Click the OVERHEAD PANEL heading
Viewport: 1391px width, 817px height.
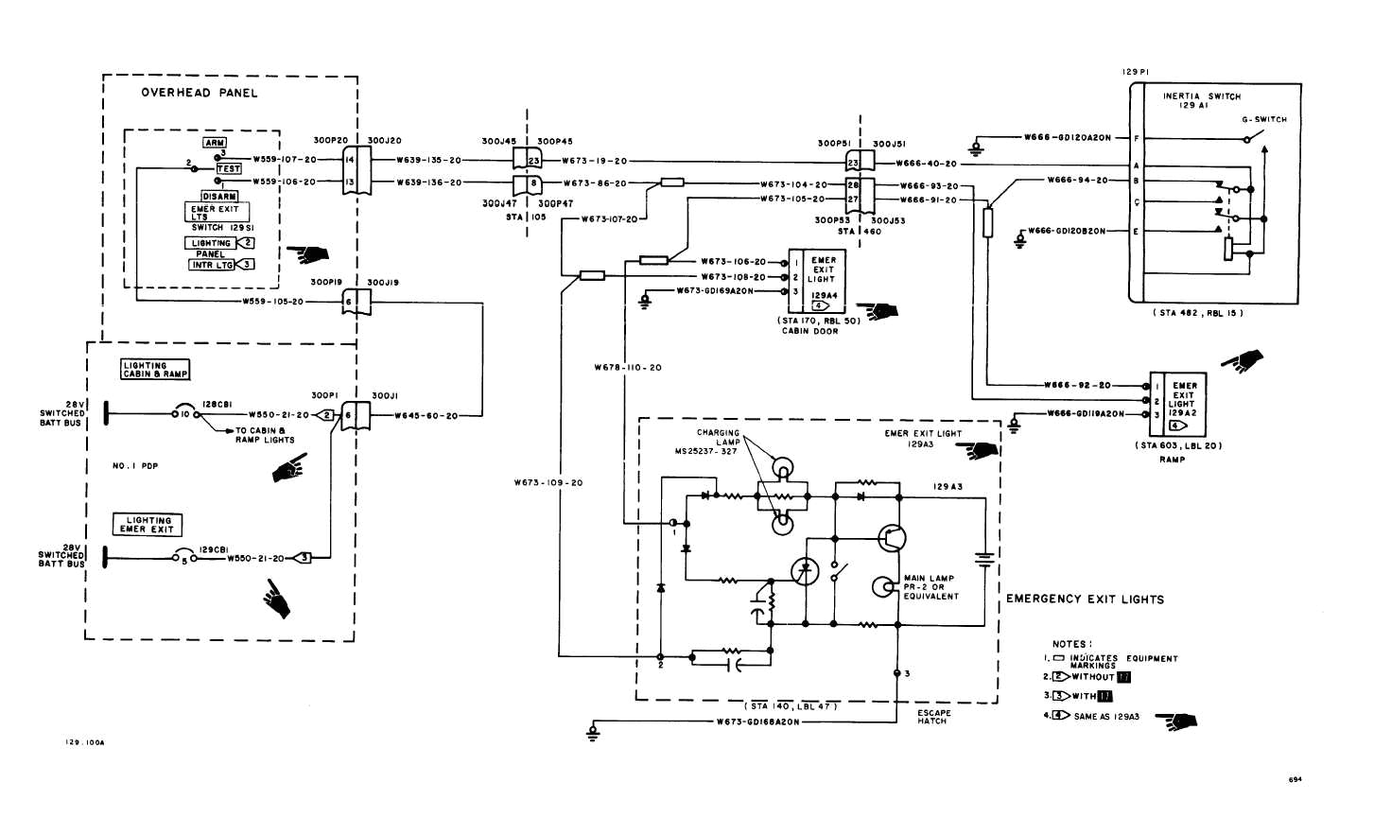pos(199,93)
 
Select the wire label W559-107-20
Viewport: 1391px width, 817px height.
pos(284,160)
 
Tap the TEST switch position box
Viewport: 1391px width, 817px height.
pos(229,168)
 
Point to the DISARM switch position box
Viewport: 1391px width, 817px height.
pos(219,197)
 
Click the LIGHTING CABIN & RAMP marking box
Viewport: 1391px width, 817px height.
pos(155,370)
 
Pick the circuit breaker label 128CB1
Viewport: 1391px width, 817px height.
pos(217,404)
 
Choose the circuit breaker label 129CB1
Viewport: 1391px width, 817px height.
pos(214,549)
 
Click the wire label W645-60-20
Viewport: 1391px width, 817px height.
pos(426,416)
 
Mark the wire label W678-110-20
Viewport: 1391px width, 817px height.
pos(628,368)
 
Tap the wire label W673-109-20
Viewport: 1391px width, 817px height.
pos(548,483)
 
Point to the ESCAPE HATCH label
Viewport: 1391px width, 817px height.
pos(933,717)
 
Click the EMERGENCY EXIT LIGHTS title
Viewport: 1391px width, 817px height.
pos(1085,600)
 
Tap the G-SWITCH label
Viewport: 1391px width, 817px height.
pos(1264,120)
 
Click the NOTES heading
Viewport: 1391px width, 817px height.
pos(1071,644)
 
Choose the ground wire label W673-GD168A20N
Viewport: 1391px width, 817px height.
pos(757,721)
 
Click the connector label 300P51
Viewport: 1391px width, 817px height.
pos(834,145)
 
